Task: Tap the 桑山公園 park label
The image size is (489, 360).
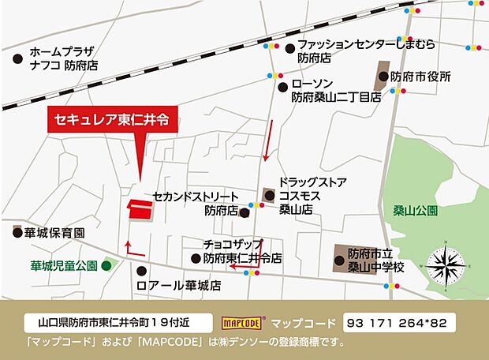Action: pos(416,212)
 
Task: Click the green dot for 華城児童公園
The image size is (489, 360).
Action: pos(106,266)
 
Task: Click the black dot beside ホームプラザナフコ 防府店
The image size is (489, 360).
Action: pos(18,58)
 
